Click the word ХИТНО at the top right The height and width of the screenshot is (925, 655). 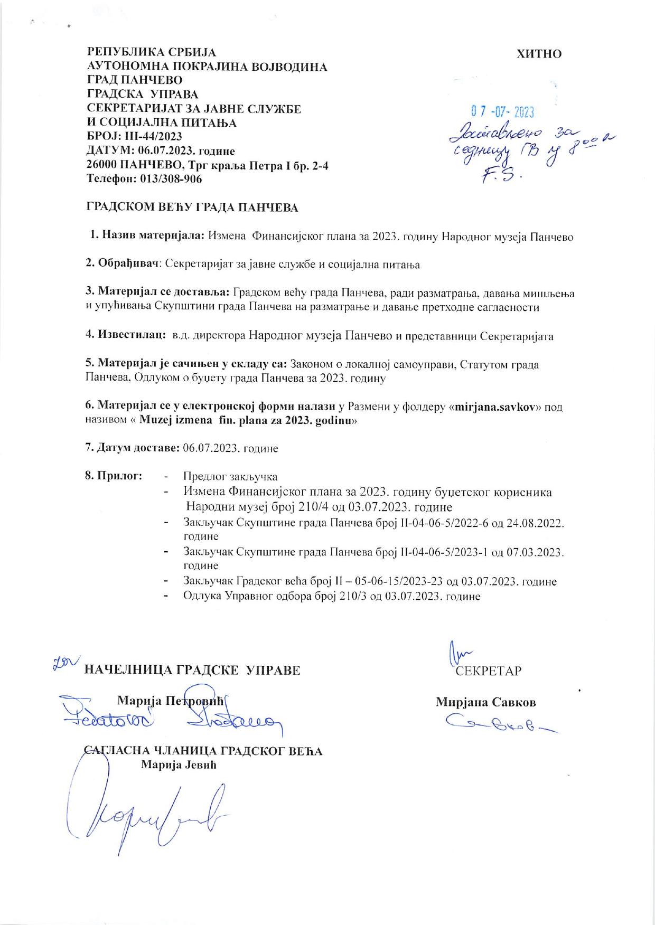(x=539, y=54)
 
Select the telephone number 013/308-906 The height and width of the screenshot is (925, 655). (x=171, y=178)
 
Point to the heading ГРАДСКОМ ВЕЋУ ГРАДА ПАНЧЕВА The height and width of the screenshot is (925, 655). (x=192, y=207)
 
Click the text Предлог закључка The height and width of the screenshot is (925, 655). (x=230, y=477)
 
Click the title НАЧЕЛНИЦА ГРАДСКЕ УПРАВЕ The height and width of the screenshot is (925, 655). (x=192, y=671)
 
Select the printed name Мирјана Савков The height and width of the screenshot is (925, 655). (x=485, y=702)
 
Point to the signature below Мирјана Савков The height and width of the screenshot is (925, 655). (x=494, y=722)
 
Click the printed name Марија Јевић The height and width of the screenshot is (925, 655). (x=179, y=765)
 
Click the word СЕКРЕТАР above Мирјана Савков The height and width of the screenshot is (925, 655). (x=489, y=671)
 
